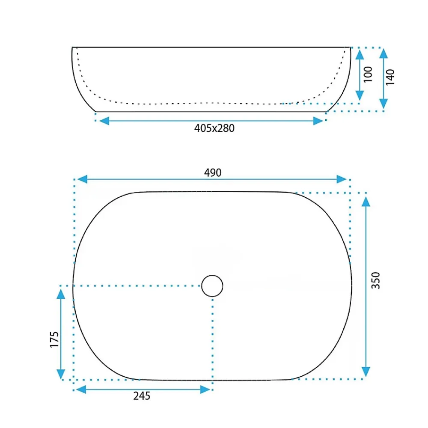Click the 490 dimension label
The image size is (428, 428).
pos(213,172)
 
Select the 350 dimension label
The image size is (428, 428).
pos(376,280)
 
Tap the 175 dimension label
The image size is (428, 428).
pos(54,339)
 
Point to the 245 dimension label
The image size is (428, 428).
pos(142,396)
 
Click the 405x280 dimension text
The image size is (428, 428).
pos(214,128)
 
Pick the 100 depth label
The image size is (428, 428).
pos(368,74)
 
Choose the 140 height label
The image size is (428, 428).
pos(390,77)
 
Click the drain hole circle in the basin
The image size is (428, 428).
pos(212,286)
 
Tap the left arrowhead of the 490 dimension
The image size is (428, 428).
pos(83,179)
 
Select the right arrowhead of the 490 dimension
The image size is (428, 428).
pos(342,179)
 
